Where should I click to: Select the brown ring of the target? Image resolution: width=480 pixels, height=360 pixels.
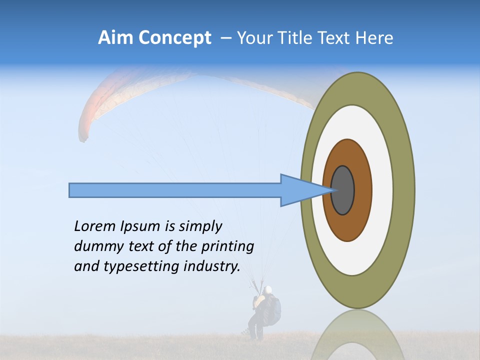pyautogui.click(x=362, y=190)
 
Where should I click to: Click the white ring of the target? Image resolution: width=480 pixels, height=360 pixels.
pyautogui.click(x=382, y=190)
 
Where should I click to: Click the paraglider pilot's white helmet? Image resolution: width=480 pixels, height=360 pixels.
pyautogui.click(x=268, y=290)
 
